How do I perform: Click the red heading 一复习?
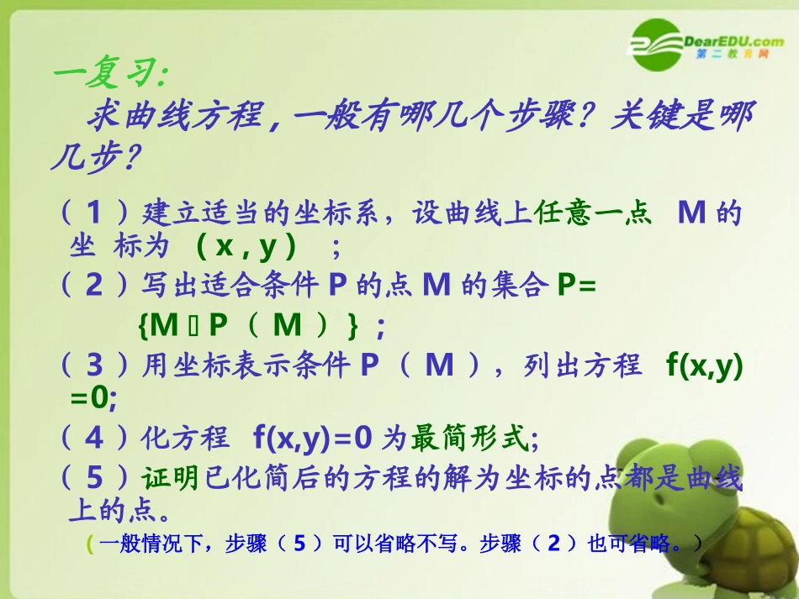(109, 75)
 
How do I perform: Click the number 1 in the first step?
(95, 213)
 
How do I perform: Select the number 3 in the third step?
(95, 365)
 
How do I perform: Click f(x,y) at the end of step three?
(704, 365)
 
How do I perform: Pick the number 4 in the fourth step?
(95, 438)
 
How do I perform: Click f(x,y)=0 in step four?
(312, 438)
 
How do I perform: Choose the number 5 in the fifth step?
(95, 477)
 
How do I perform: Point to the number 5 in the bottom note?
(299, 544)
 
